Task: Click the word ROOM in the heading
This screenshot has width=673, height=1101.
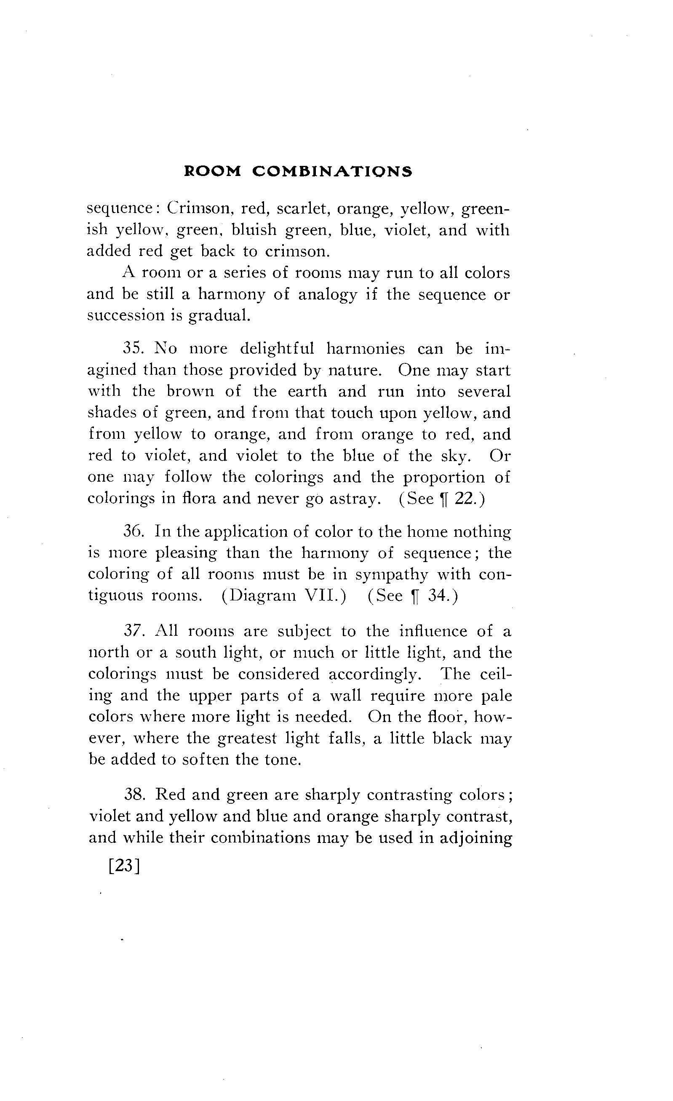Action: pyautogui.click(x=212, y=172)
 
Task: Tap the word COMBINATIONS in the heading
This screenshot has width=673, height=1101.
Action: pyautogui.click(x=331, y=172)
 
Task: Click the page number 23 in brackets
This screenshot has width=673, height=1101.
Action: pyautogui.click(x=125, y=866)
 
